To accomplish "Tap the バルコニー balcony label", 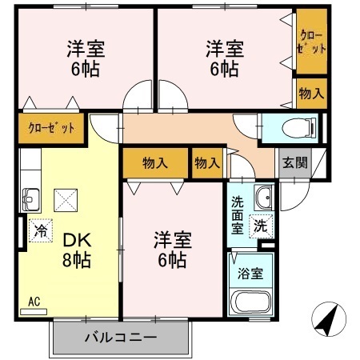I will [121, 337].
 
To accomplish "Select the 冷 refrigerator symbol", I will [40, 230].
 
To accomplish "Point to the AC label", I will [34, 302].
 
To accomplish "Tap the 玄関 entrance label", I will [294, 162].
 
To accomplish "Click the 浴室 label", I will [250, 271].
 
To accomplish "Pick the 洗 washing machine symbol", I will [261, 226].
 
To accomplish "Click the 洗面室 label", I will [238, 214].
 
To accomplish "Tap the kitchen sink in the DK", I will [31, 197].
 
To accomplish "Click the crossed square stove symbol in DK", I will [64, 198].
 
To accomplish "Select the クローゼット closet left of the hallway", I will [51, 127].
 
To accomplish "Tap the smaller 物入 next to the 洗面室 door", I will [206, 163].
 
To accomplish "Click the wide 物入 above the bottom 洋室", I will [155, 163].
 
